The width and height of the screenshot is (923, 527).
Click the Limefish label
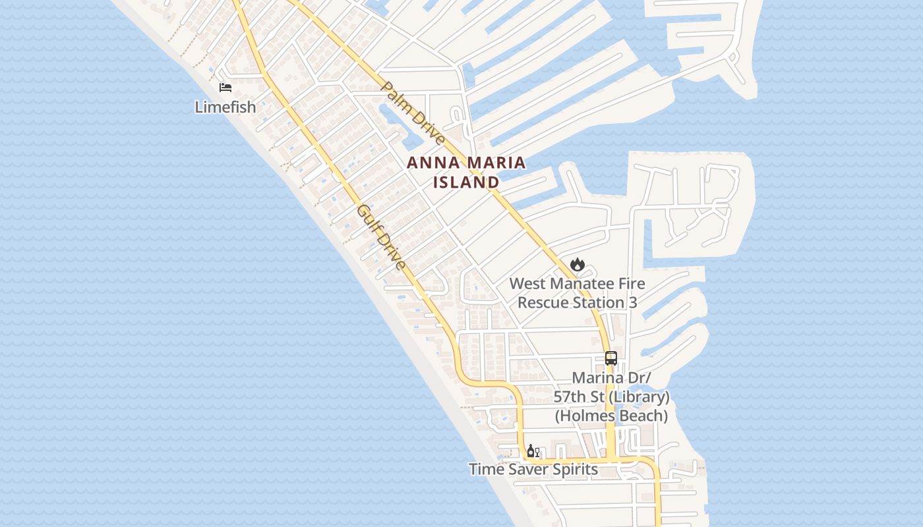(225, 107)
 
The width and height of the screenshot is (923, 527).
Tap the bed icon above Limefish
(225, 87)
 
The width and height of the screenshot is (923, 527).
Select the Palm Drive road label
(413, 114)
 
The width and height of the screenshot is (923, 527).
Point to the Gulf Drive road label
(381, 237)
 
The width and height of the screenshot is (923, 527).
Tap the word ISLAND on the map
(466, 182)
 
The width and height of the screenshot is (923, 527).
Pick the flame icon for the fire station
(578, 264)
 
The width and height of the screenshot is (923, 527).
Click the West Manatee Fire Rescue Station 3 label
(578, 293)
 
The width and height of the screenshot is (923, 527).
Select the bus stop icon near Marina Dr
(611, 358)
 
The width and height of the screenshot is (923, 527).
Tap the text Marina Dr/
(611, 378)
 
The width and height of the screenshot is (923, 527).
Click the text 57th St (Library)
(611, 397)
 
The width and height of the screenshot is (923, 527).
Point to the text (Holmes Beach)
(611, 416)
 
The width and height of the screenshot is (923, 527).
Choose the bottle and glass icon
(533, 451)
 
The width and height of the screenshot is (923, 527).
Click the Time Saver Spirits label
(533, 469)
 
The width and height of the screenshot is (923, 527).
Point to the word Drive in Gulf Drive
(391, 252)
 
